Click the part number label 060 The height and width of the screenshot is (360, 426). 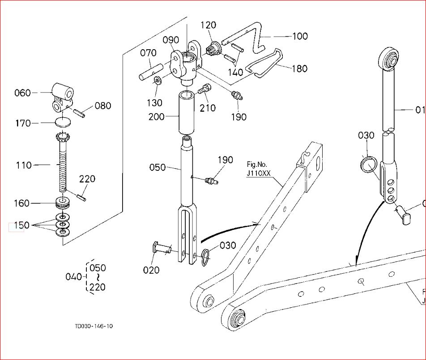pyautogui.click(x=22, y=93)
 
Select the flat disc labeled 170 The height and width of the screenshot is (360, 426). pyautogui.click(x=63, y=122)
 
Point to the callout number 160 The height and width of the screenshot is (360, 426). pyautogui.click(x=21, y=203)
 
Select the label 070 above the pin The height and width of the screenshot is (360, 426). pyautogui.click(x=148, y=53)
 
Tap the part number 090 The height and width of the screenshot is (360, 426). pyautogui.click(x=170, y=41)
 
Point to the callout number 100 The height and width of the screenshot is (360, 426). pyautogui.click(x=300, y=36)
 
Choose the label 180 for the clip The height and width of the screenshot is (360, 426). pyautogui.click(x=299, y=68)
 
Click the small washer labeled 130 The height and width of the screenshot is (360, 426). pyautogui.click(x=158, y=81)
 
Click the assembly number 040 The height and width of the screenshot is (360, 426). pyautogui.click(x=73, y=277)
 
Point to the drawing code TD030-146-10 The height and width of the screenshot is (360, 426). pyautogui.click(x=94, y=326)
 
